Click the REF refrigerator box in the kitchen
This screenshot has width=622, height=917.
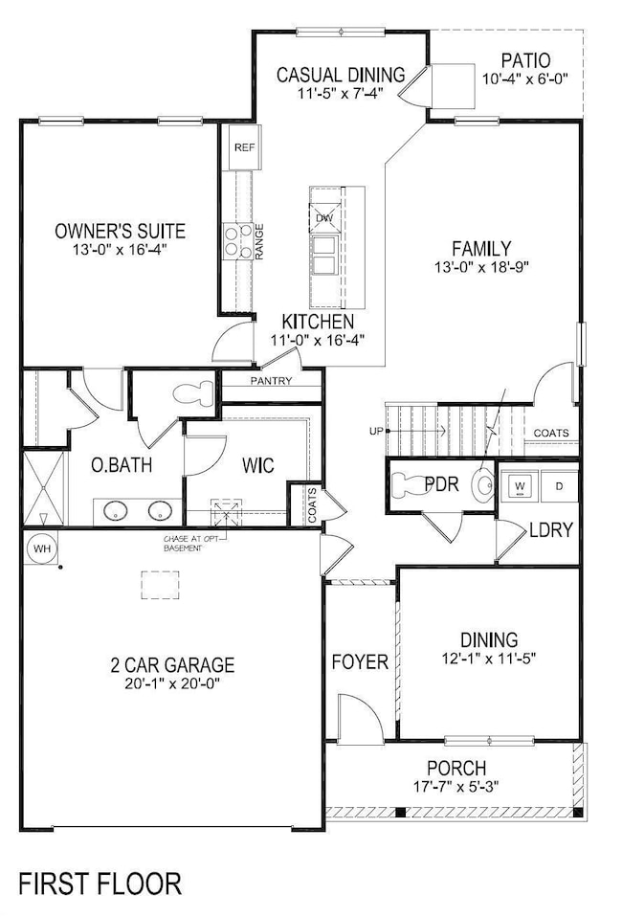click(240, 149)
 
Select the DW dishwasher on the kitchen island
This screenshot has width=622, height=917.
click(324, 218)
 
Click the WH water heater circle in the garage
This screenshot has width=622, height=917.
click(41, 548)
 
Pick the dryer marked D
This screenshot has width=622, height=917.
click(560, 486)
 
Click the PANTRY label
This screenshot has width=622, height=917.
click(271, 382)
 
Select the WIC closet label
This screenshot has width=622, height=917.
click(258, 466)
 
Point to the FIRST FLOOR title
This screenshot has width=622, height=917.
click(99, 882)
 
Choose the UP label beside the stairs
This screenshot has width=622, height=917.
click(376, 432)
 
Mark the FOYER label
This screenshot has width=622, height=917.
click(359, 661)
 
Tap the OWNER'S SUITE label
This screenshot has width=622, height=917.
click(120, 231)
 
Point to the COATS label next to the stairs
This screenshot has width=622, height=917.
click(551, 433)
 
